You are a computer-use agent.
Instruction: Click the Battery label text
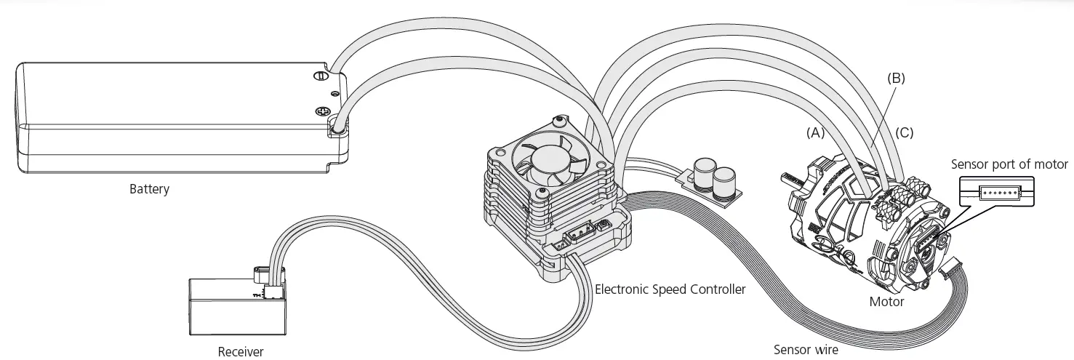(x=149, y=190)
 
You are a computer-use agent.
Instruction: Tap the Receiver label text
(x=241, y=352)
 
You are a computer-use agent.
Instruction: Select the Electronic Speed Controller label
(x=670, y=289)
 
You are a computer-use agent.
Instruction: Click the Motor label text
(x=886, y=301)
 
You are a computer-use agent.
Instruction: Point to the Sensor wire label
(x=805, y=350)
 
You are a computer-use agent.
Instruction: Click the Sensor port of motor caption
(x=1009, y=164)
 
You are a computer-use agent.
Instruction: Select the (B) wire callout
(x=895, y=77)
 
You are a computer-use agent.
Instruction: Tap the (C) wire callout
(x=904, y=133)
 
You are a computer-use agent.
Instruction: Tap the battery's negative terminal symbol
(x=318, y=76)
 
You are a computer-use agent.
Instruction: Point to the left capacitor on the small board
(x=703, y=175)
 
